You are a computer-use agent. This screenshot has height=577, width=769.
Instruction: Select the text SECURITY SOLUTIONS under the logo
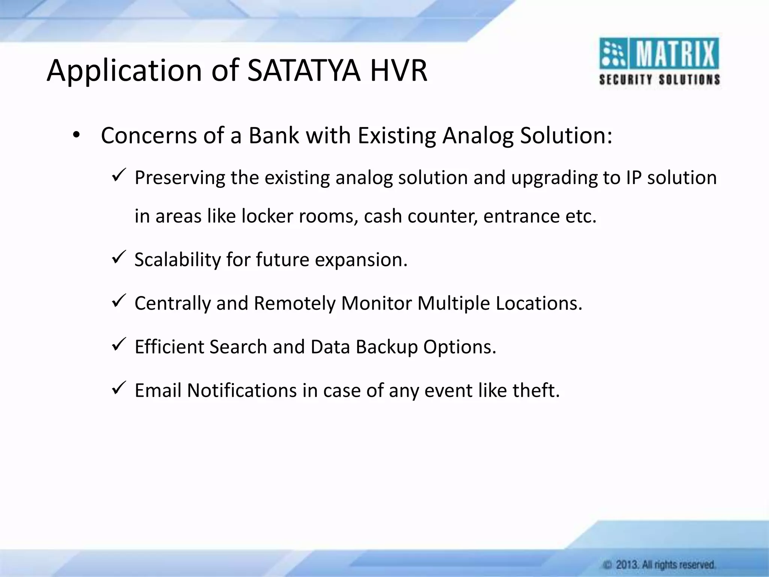tap(659, 80)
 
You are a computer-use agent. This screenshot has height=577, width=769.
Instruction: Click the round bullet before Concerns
tap(76, 136)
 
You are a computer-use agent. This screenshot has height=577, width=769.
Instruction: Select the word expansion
tap(360, 260)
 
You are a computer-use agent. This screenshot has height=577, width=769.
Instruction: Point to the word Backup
tap(387, 347)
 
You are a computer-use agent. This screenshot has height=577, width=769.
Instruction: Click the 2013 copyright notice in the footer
tap(659, 564)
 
